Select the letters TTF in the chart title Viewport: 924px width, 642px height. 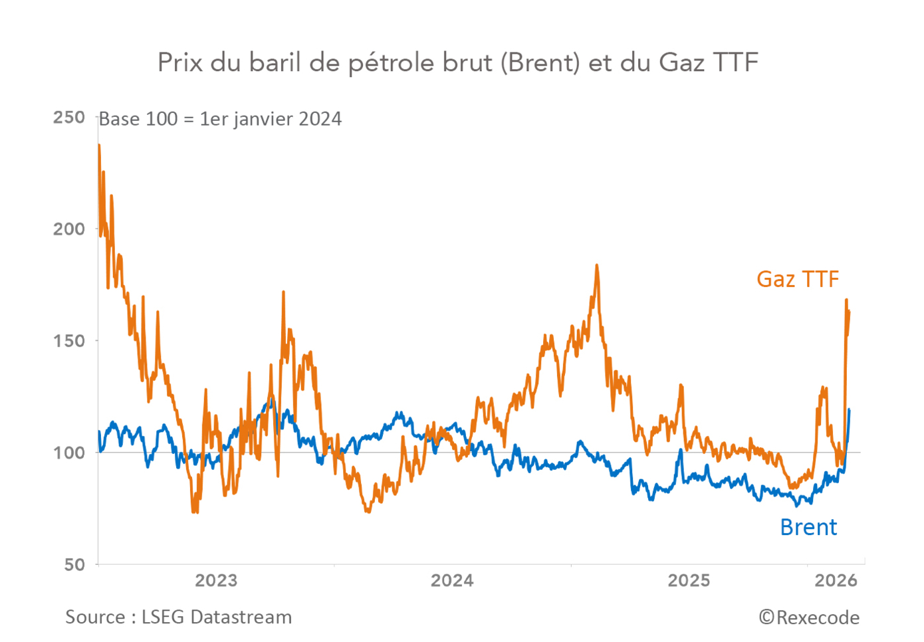point(735,62)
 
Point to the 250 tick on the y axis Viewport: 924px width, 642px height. point(69,118)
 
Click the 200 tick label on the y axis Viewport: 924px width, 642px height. point(69,229)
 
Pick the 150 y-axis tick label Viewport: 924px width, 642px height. point(69,341)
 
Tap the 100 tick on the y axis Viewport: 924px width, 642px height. point(69,453)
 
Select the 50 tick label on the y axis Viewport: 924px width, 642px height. point(74,565)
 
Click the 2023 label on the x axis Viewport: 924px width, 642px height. point(216,580)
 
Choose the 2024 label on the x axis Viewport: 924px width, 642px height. point(452,580)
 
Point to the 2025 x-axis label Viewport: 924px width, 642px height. point(689,580)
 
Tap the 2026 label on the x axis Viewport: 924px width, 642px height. point(836,580)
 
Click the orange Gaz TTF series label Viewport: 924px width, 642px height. point(798,279)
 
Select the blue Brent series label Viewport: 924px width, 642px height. point(808,527)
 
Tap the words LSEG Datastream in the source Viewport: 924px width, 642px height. point(217,617)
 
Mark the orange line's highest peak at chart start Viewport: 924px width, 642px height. point(99,145)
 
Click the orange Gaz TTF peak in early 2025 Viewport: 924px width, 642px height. point(597,265)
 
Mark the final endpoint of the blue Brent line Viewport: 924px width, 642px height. point(850,410)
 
